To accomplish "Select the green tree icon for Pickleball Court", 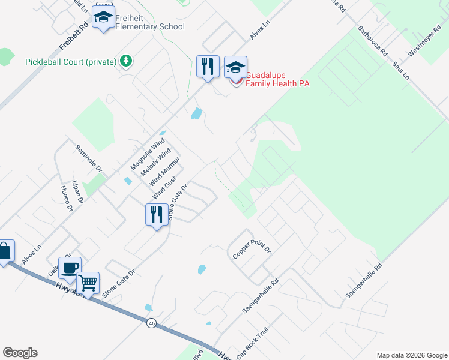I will coord(126,61).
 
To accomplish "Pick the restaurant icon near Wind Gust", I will coord(157,215).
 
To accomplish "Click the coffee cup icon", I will coord(70,268).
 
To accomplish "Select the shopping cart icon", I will coord(88,283).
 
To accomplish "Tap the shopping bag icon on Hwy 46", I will coord(4,252).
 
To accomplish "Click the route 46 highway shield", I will coord(151,323).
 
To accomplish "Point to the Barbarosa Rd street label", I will coord(372,40).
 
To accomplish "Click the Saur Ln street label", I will coord(400,70).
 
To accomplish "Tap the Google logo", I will coord(20,353).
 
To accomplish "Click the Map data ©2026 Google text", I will coord(412,355).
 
